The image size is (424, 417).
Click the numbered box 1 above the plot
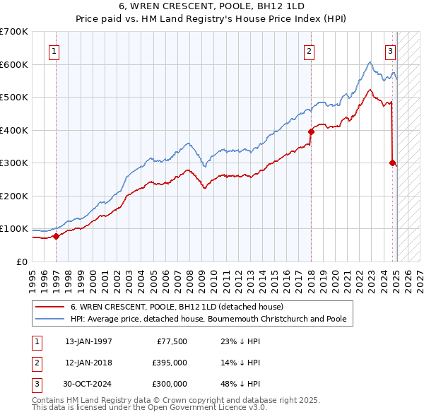tap(54, 50)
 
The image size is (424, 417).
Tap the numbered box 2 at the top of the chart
tap(309, 50)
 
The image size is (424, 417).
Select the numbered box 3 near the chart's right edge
tap(390, 50)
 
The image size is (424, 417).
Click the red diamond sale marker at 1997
tap(57, 237)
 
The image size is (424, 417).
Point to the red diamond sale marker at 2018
tap(311, 131)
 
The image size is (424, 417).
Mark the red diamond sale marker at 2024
tap(392, 163)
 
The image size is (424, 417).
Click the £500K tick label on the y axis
tap(14, 98)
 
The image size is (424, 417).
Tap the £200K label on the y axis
tap(14, 196)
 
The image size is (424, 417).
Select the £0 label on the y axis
tap(23, 262)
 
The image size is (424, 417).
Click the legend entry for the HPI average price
tap(208, 319)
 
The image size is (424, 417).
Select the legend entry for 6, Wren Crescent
tap(177, 307)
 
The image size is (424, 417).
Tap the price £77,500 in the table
tap(170, 341)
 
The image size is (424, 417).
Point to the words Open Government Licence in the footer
tap(206, 408)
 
